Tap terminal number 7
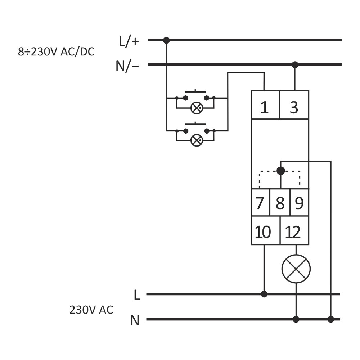[260, 203]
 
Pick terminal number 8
[280, 203]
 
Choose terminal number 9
[299, 203]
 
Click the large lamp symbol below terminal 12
[296, 269]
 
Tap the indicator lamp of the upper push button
[197, 108]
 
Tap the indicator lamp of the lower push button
[197, 140]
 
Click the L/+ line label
[129, 41]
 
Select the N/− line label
[127, 66]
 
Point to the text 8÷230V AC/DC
[56, 52]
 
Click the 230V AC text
[91, 310]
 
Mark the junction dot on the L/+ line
[166, 40]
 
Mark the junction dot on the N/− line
[295, 65]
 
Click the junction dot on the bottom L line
[264, 294]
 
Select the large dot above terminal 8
[281, 171]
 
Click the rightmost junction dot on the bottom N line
[331, 319]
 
